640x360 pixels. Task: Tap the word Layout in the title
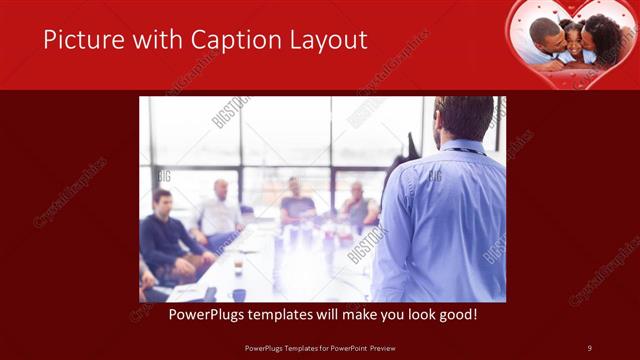[x=324, y=41]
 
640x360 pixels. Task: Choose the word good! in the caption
[x=454, y=314]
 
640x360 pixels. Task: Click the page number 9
[x=589, y=347]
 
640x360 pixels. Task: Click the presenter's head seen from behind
[x=463, y=118]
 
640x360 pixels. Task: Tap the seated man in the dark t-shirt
[x=297, y=203]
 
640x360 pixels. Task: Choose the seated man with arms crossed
[x=357, y=207]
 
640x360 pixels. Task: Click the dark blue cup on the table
[x=239, y=294]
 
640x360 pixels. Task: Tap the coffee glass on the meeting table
[x=237, y=267]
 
